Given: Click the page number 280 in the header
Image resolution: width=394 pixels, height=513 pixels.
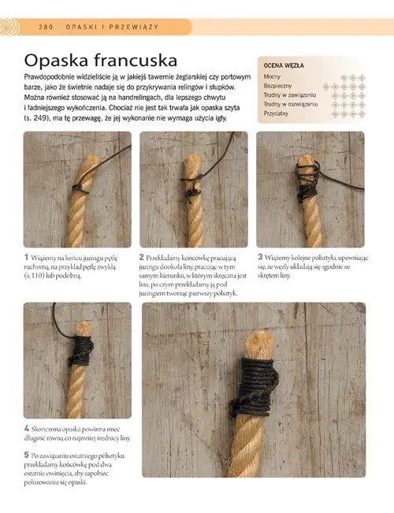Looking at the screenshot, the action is (46, 27).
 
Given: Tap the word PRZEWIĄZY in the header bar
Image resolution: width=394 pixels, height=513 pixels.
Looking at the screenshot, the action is (134, 27).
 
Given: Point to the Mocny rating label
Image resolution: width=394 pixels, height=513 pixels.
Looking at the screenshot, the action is (272, 77).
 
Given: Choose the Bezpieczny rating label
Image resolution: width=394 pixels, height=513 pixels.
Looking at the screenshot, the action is (277, 86).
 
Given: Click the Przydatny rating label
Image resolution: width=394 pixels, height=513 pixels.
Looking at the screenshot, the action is (276, 113).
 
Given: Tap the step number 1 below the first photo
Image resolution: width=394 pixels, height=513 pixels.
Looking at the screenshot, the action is (26, 257).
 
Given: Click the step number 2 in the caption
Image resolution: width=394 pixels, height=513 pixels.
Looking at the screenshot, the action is (141, 257).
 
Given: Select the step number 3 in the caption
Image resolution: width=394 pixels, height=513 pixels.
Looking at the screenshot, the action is (260, 257).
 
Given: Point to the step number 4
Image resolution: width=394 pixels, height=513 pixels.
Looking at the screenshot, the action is (27, 428).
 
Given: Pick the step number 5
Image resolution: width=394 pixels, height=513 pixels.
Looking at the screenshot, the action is (27, 455).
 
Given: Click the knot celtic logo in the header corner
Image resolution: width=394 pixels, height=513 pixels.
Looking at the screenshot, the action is (9, 27).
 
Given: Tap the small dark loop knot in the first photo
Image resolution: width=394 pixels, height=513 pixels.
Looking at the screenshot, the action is (80, 189).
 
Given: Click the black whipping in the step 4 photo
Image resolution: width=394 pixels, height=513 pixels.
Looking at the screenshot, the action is (81, 350).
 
